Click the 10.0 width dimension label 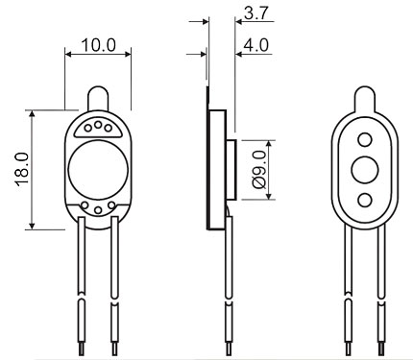coord(99,45)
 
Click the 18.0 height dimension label coord(22,169)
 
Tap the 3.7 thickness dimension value coord(255,13)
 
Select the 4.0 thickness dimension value coord(255,45)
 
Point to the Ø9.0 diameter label coord(259,170)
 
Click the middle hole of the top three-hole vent coord(98,124)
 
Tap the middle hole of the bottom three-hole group coord(98,210)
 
